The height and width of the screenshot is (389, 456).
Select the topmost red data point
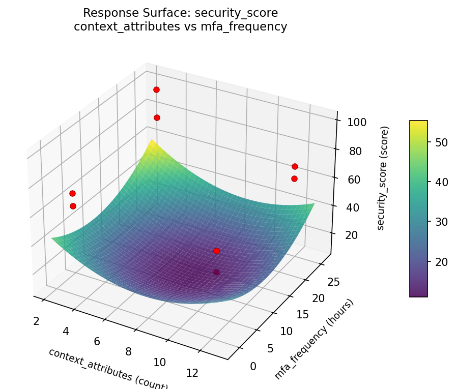click(156, 89)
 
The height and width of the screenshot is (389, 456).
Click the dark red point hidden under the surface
click(216, 272)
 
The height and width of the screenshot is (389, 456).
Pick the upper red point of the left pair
click(72, 193)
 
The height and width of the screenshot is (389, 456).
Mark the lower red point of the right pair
click(294, 178)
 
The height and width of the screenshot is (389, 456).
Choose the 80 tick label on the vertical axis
click(352, 151)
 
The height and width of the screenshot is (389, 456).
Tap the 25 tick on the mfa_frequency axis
click(334, 283)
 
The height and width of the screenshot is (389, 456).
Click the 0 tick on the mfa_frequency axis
click(253, 366)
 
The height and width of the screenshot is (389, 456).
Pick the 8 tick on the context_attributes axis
click(128, 351)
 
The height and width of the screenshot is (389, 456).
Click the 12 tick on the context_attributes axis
click(192, 373)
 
